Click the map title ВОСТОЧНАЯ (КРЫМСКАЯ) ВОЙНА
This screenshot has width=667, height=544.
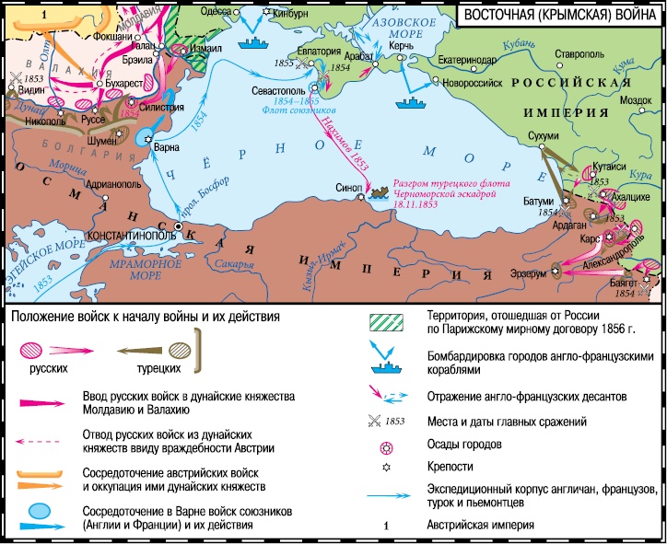coord(559,14)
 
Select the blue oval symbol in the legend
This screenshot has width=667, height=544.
coord(39,510)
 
